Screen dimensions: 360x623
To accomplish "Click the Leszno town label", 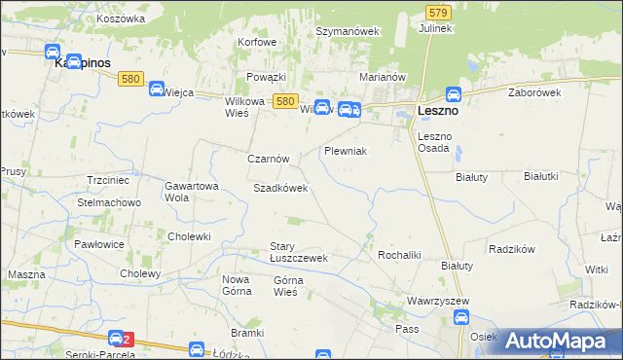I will (438, 111).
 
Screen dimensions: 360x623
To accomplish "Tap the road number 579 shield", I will (437, 12).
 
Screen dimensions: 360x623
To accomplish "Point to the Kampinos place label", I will (80, 61).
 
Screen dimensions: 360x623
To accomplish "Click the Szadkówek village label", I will (280, 188).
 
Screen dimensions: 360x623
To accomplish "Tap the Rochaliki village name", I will (398, 255).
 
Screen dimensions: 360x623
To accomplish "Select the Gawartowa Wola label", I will (190, 191).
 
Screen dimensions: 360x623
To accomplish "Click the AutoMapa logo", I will (559, 341).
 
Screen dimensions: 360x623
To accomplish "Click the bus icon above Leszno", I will (453, 94).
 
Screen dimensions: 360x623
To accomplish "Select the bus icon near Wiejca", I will (155, 90).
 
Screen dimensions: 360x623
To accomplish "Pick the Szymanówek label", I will (347, 31).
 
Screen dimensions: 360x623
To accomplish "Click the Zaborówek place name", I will (535, 92).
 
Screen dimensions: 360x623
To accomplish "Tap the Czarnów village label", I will (268, 159).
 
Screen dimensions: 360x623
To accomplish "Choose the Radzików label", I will (514, 248).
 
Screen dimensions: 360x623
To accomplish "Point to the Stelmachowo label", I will (109, 202).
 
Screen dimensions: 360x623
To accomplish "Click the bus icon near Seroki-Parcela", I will (116, 339).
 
